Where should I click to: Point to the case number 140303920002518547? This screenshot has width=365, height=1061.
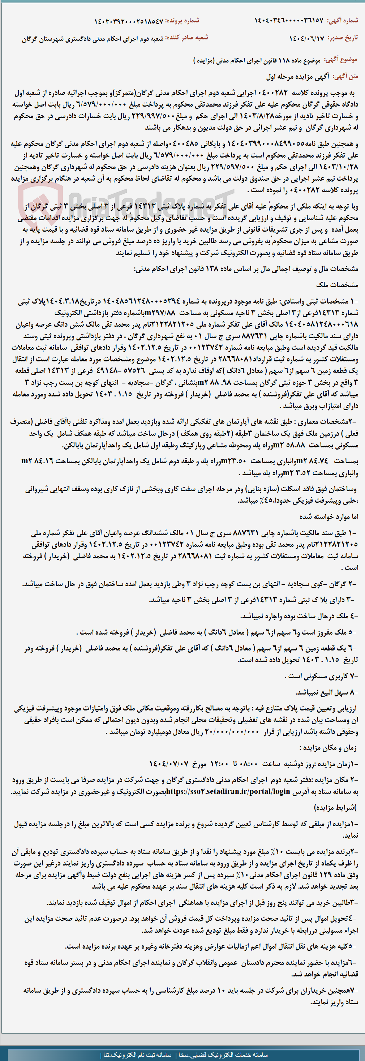click(129, 21)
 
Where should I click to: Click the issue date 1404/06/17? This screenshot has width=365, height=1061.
click(306, 38)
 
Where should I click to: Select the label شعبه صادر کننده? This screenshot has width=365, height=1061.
click(186, 38)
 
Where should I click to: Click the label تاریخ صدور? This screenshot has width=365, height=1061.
click(343, 38)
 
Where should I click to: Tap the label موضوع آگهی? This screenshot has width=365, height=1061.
click(341, 60)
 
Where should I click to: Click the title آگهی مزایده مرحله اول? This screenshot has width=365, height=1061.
click(297, 77)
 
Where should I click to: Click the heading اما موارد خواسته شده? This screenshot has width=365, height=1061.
click(329, 516)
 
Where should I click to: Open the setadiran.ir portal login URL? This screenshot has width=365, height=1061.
click(229, 791)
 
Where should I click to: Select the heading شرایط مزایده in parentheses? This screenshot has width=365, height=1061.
click(335, 807)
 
